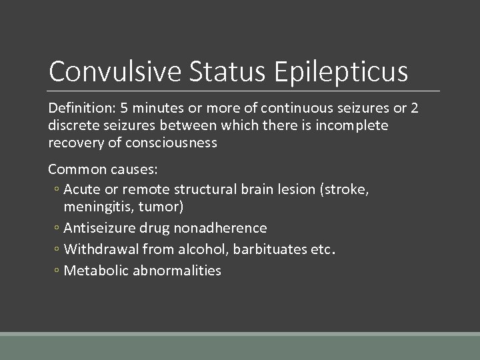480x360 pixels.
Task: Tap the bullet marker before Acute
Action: coord(57,190)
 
